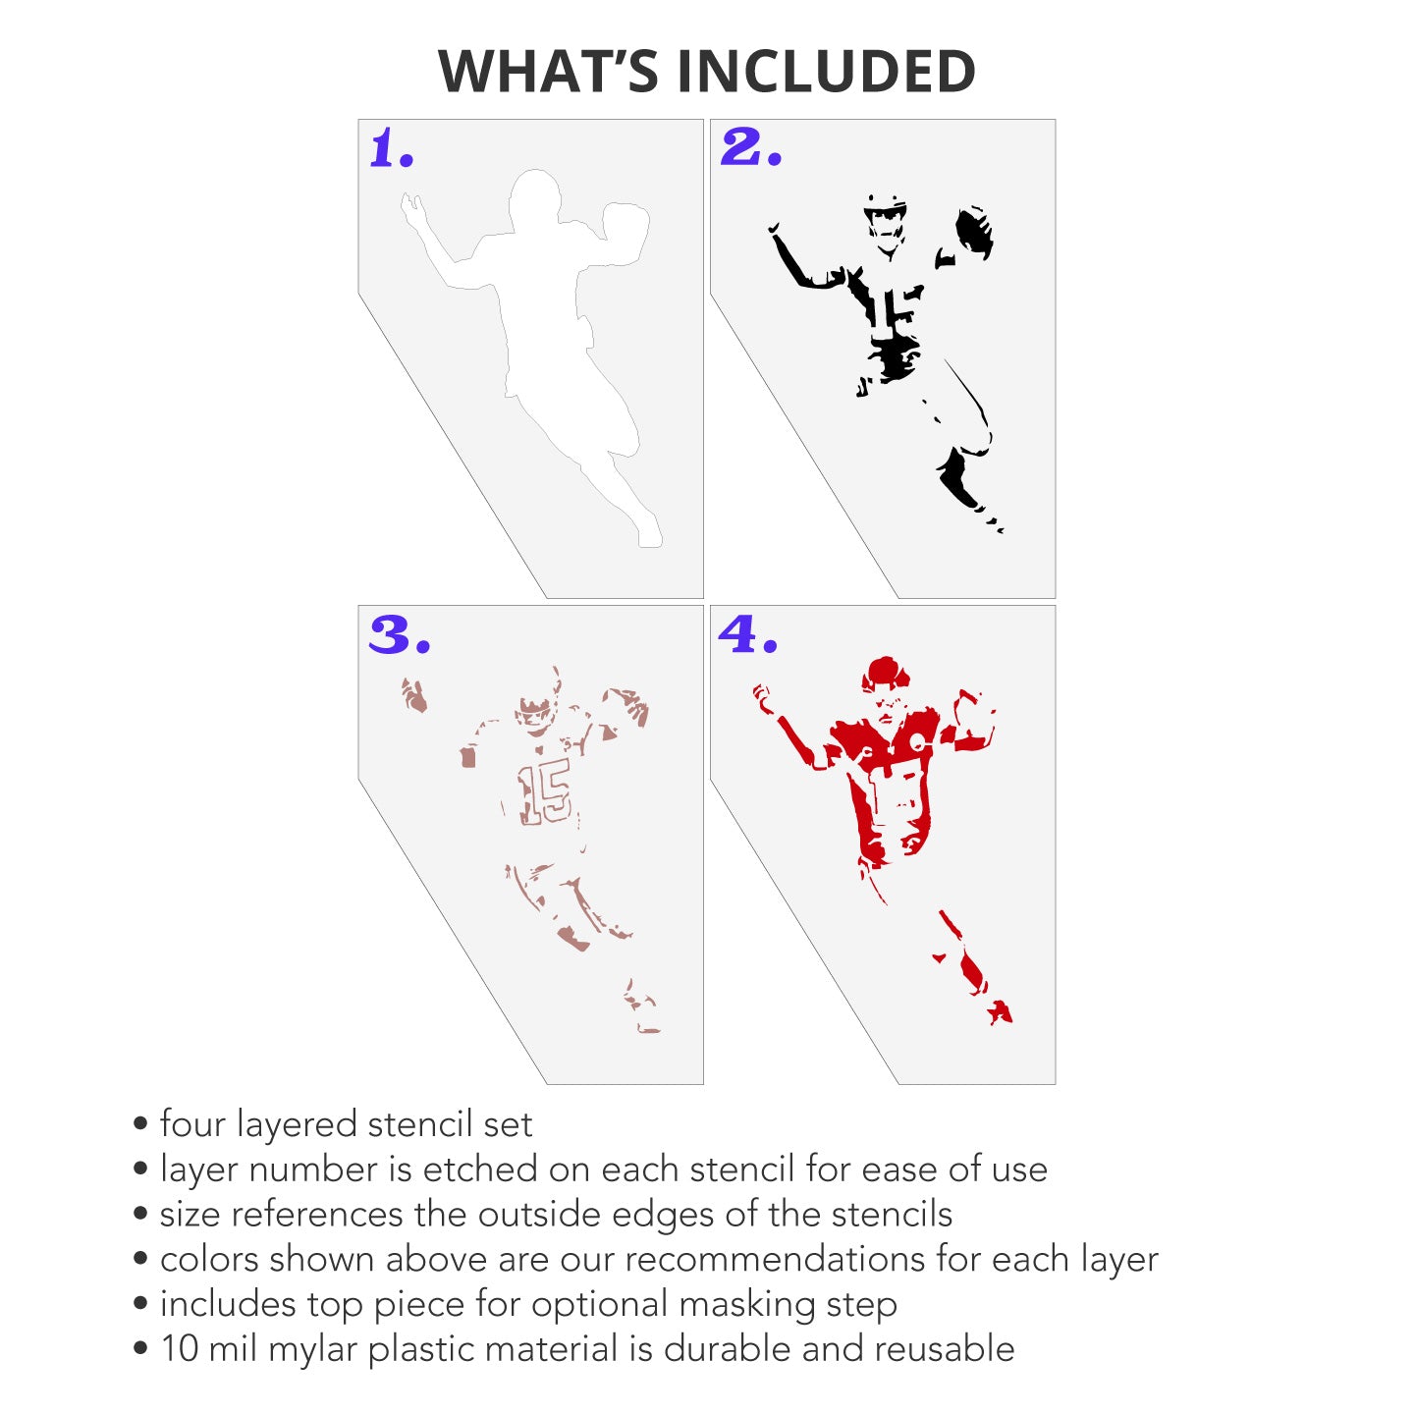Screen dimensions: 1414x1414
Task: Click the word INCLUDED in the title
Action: [826, 71]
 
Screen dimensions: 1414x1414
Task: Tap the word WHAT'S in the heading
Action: [547, 71]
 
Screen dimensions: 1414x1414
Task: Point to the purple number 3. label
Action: [400, 634]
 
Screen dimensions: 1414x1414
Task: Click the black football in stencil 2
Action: [974, 232]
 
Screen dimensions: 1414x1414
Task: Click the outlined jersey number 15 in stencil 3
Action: [544, 794]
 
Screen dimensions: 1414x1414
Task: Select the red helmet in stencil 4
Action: [886, 675]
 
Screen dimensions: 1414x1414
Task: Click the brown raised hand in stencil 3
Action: [413, 695]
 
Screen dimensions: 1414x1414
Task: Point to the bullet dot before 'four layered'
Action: [140, 1123]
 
